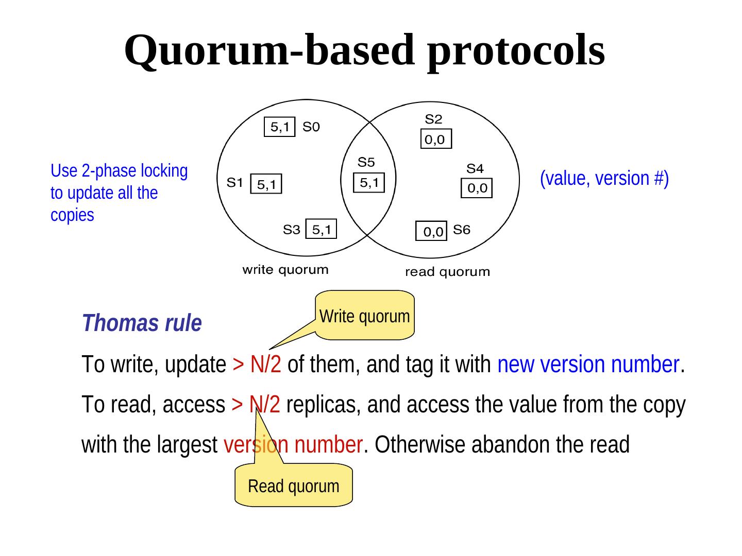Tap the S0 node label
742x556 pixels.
[311, 126]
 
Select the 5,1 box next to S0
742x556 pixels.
[280, 127]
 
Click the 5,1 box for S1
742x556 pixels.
[266, 184]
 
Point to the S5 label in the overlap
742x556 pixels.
[366, 163]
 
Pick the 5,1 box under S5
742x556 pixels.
[369, 182]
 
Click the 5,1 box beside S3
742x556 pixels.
[321, 229]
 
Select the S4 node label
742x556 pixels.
[475, 168]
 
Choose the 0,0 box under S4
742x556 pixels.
[477, 189]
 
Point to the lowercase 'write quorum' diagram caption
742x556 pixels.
[285, 269]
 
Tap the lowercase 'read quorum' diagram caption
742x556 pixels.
[447, 272]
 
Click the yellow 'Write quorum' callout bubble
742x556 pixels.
[365, 316]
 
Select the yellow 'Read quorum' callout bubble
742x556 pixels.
[294, 485]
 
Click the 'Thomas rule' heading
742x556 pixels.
[142, 323]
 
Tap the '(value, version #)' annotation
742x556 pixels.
[604, 178]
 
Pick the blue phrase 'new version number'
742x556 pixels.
[588, 365]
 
